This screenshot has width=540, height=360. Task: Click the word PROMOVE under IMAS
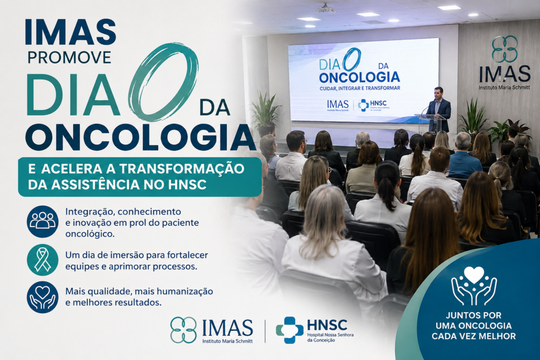click(x=69, y=57)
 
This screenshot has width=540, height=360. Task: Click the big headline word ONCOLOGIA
click(x=140, y=137)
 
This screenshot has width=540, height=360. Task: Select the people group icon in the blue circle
click(x=43, y=221)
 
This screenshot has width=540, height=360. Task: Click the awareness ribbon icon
click(x=43, y=260)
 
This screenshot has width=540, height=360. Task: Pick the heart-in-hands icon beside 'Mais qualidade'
click(x=43, y=297)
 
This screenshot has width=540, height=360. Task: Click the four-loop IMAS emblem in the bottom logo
click(x=184, y=330)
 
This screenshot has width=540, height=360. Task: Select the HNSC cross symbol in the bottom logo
click(x=290, y=330)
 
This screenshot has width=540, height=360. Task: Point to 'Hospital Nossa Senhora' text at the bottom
click(x=330, y=335)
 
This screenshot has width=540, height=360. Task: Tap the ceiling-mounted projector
click(x=326, y=8)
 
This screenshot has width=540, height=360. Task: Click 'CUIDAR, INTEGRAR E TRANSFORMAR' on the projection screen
click(x=360, y=88)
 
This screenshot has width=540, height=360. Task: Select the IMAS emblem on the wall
click(x=505, y=49)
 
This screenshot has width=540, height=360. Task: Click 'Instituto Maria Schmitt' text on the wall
click(x=505, y=88)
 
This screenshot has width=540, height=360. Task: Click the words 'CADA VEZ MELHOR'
click(x=474, y=336)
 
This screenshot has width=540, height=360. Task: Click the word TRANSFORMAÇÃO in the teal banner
click(x=181, y=169)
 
